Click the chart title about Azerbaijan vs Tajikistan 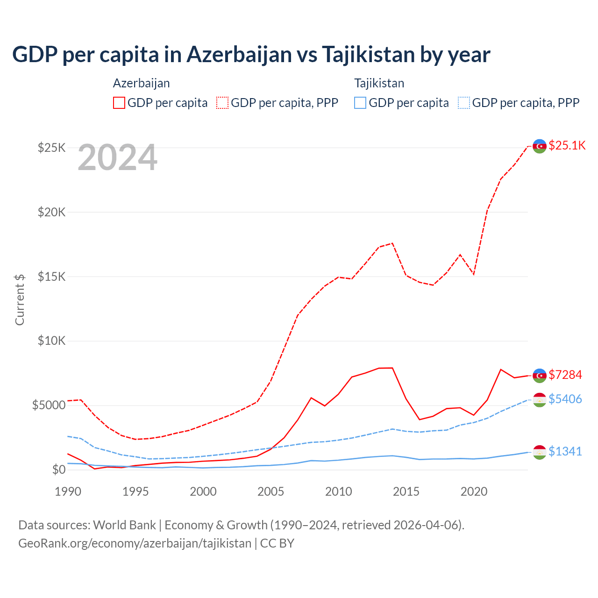click(251, 54)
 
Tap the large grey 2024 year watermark click(117, 158)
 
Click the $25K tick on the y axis click(51, 148)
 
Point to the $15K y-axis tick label click(51, 277)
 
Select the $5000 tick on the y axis click(49, 405)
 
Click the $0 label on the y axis click(58, 470)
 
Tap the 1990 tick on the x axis click(68, 491)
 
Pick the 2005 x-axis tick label click(271, 491)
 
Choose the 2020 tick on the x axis click(474, 491)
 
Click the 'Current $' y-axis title click(20, 299)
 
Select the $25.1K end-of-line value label click(567, 145)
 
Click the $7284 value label click(565, 375)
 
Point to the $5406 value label click(565, 399)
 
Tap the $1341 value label click(565, 451)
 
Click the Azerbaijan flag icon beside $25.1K click(540, 146)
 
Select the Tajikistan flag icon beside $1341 click(540, 452)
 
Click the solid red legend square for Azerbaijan click(119, 103)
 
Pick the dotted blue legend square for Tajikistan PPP click(464, 103)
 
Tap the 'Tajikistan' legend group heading click(379, 83)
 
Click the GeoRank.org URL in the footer click(135, 543)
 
